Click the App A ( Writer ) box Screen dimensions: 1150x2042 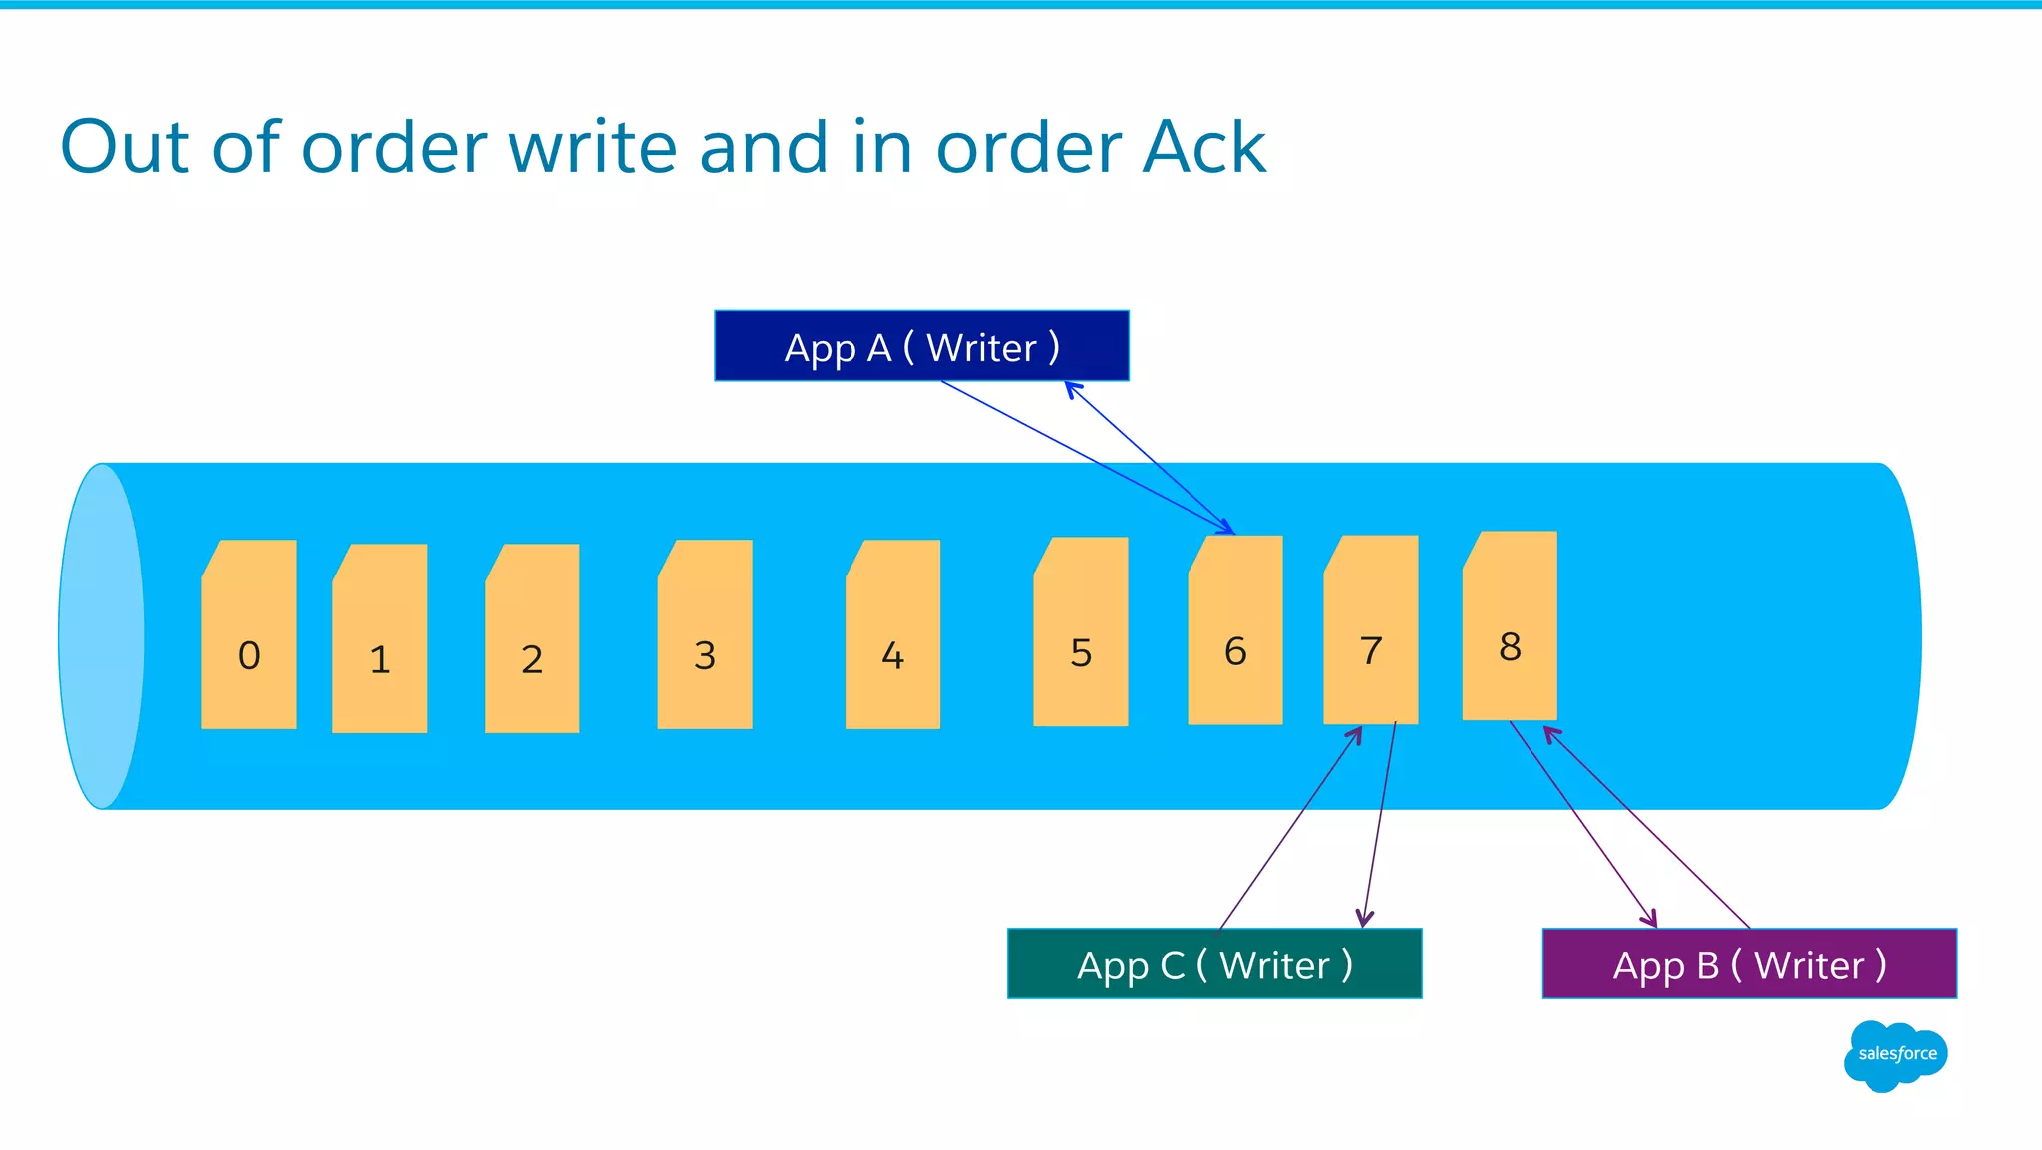tap(921, 346)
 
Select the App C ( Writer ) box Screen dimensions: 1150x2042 tap(1214, 963)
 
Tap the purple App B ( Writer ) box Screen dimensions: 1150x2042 tap(1749, 963)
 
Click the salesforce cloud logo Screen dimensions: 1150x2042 tap(1895, 1055)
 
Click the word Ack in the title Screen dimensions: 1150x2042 tap(1203, 148)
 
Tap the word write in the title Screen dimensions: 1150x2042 tap(594, 148)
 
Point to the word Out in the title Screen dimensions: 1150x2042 tap(125, 148)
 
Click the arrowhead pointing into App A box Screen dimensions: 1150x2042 tap(1072, 388)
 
